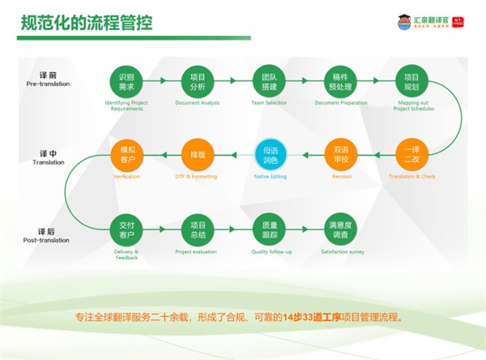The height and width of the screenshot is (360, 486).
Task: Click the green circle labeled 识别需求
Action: pyautogui.click(x=126, y=81)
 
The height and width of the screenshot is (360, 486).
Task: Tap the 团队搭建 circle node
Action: pyautogui.click(x=268, y=81)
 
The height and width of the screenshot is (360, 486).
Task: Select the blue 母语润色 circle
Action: pyautogui.click(x=268, y=154)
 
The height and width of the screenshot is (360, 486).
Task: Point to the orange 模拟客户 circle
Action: pyautogui.click(x=126, y=154)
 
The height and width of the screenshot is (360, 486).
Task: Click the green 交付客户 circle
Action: pyautogui.click(x=126, y=229)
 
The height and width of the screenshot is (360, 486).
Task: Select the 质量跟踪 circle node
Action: pyautogui.click(x=268, y=229)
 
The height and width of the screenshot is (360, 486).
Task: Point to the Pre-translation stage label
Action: pyautogui.click(x=49, y=84)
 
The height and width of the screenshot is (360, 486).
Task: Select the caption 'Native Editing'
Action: pyautogui.click(x=268, y=176)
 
